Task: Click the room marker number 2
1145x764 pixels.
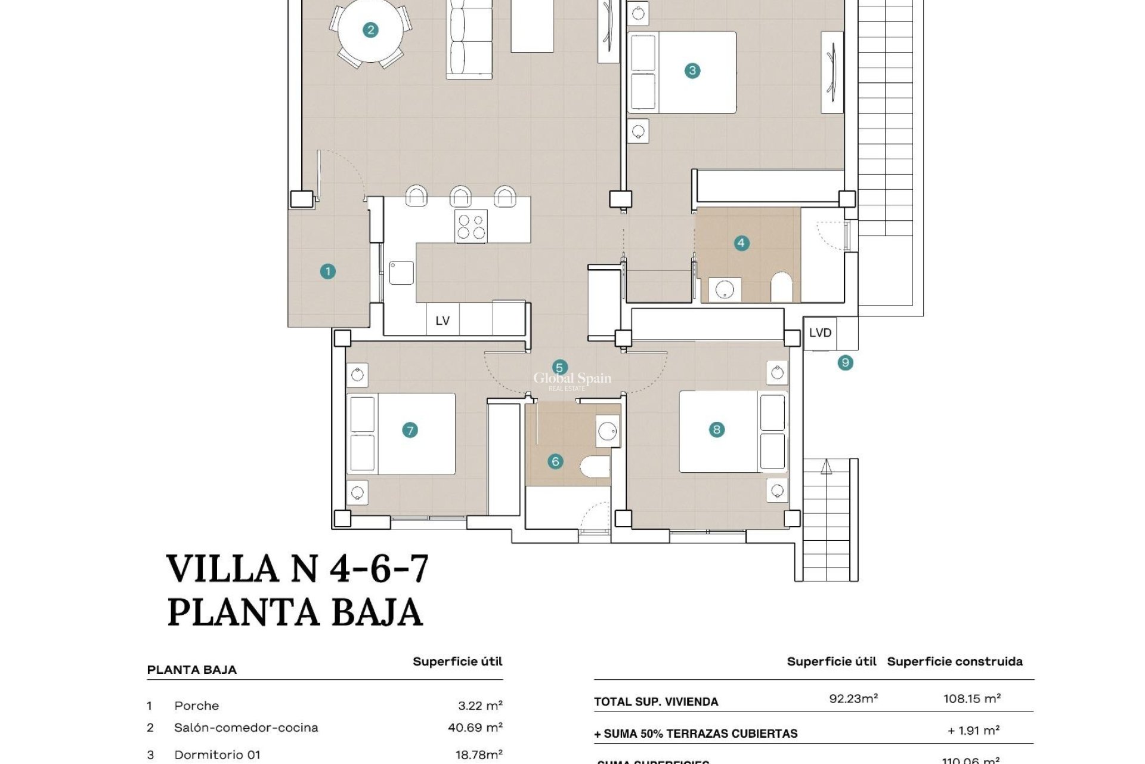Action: click(x=370, y=30)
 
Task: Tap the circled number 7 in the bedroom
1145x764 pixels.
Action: click(x=410, y=430)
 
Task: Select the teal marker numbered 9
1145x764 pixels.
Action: click(x=845, y=362)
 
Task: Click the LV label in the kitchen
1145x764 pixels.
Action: click(x=442, y=321)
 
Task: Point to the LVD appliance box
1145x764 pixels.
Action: click(x=820, y=333)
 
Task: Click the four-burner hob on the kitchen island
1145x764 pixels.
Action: click(x=471, y=227)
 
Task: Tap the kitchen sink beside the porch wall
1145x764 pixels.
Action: click(x=401, y=273)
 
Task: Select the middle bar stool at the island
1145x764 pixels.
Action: click(x=460, y=196)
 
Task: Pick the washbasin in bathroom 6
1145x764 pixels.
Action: click(x=608, y=430)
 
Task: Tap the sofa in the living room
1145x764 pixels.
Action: click(x=470, y=39)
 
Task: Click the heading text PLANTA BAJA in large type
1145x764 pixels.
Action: click(x=295, y=612)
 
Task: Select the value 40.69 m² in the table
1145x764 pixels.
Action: click(x=475, y=727)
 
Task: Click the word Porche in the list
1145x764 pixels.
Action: click(x=196, y=706)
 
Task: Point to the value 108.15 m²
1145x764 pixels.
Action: click(x=971, y=698)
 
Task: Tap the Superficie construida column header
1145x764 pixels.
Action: click(x=954, y=661)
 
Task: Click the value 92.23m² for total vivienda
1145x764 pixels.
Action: click(x=853, y=698)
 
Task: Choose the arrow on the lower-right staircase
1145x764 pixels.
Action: click(x=826, y=467)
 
